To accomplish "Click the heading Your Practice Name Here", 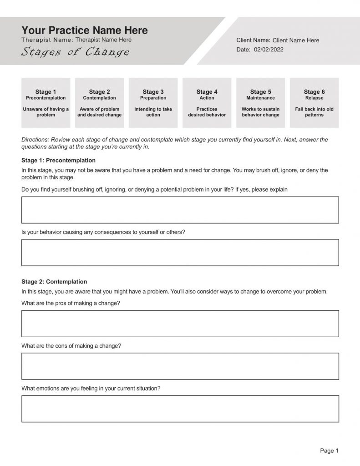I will click(85, 30).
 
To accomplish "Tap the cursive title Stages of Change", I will click(75, 52).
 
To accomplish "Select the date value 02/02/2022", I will click(269, 50).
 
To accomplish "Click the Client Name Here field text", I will click(296, 41).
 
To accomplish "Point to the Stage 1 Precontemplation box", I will click(46, 103).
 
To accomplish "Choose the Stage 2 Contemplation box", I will click(99, 103).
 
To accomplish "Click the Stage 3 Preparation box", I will click(153, 103).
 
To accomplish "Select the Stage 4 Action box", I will click(207, 103).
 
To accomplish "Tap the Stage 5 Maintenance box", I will click(260, 103).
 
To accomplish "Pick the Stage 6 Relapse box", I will click(314, 103).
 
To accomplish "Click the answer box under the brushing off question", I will click(180, 210).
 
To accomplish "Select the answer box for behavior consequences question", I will click(180, 253).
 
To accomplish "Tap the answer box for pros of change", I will click(180, 324).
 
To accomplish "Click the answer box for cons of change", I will click(180, 366).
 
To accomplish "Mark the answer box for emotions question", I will click(180, 409).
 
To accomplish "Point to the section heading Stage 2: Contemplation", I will click(54, 282).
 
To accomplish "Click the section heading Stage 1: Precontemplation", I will click(58, 160).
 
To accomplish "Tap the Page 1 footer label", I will click(329, 451).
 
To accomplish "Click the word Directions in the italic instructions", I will click(35, 140).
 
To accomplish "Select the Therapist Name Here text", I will click(103, 40).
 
